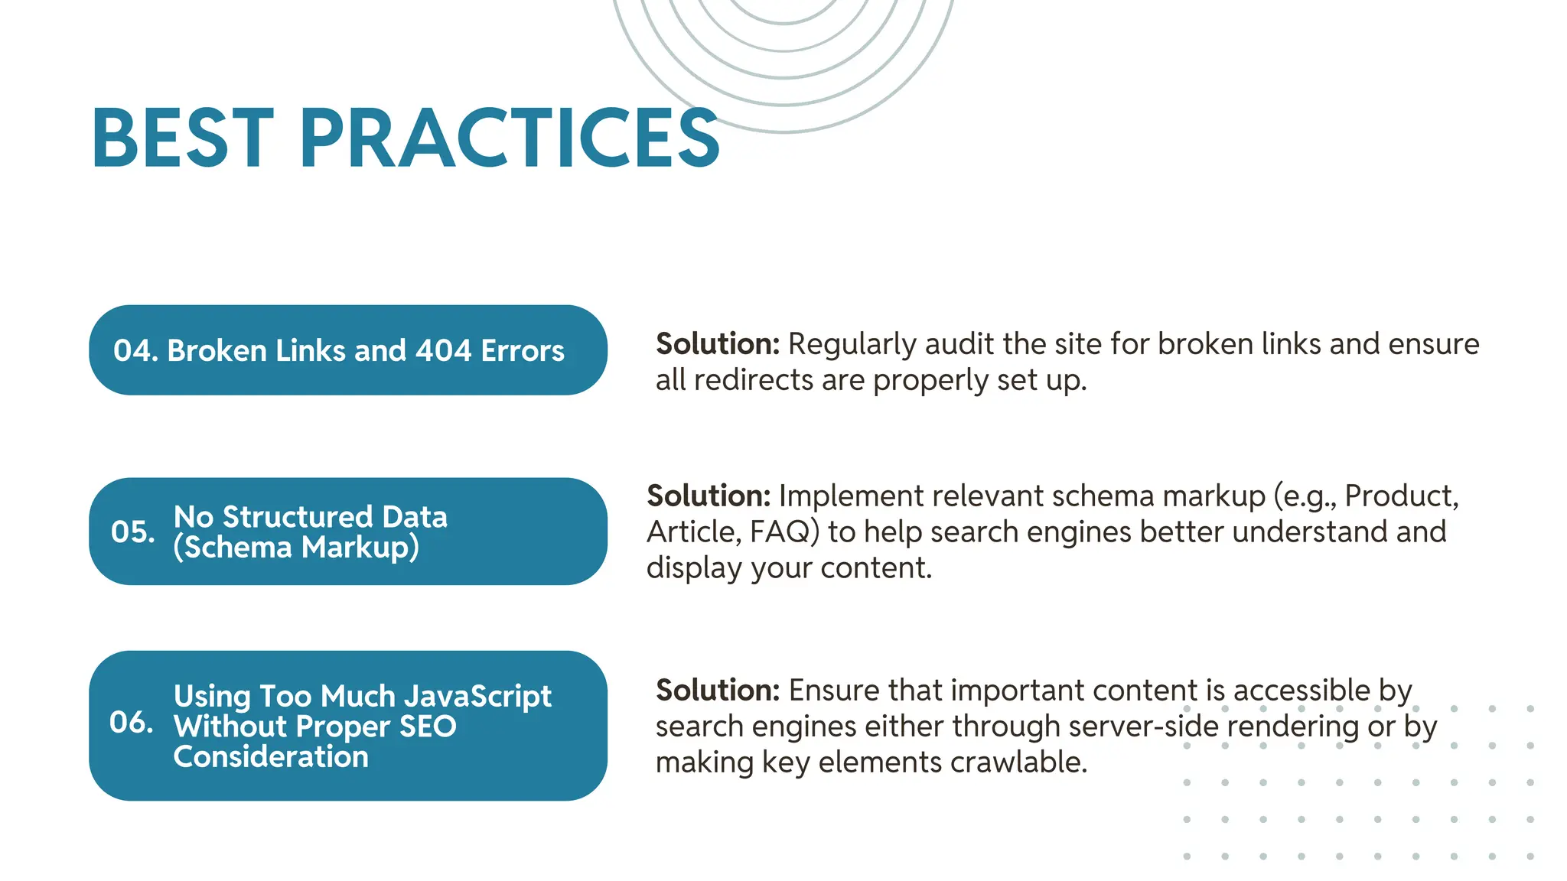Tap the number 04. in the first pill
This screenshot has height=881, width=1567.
(x=135, y=351)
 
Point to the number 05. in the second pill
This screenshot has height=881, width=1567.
(x=132, y=532)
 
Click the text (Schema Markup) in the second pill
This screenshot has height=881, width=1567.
(x=296, y=548)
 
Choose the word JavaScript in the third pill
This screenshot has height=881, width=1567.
(x=477, y=697)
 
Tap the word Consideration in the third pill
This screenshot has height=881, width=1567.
(x=271, y=757)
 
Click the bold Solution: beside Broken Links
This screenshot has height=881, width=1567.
(x=717, y=344)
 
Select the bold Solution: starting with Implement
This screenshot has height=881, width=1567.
(x=709, y=496)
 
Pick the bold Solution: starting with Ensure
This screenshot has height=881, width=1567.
(x=717, y=691)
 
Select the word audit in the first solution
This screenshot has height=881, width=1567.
(x=959, y=344)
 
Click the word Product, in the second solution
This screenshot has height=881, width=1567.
(x=1401, y=496)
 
